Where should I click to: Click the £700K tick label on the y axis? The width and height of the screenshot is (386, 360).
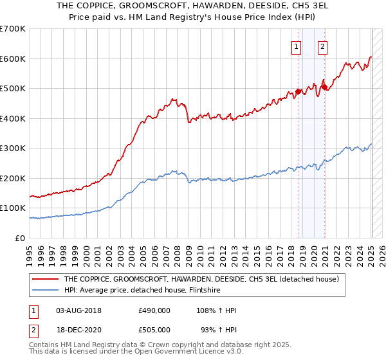13,29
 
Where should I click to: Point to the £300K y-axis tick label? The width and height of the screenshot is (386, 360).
13,148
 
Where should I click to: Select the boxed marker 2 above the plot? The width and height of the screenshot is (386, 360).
322,46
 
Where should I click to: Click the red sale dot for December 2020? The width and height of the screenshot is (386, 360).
325,87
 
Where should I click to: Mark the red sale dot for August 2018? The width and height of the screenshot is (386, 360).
298,92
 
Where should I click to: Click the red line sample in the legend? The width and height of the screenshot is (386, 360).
46,279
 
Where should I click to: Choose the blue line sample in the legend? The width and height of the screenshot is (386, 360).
46,290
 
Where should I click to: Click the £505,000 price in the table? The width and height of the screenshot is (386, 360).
154,329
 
